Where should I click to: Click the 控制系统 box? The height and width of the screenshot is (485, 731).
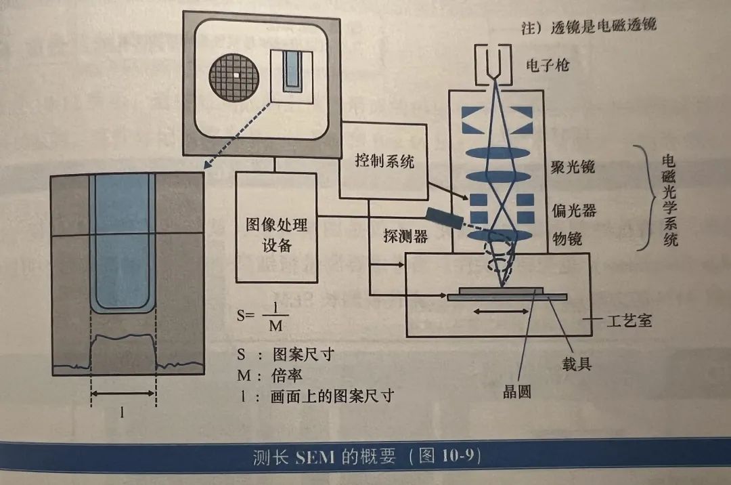coord(384,161)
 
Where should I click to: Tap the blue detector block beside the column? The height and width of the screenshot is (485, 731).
coord(445,217)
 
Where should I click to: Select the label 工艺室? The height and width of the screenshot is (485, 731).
coord(627,319)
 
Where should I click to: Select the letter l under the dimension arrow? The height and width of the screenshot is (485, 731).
coord(122,411)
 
